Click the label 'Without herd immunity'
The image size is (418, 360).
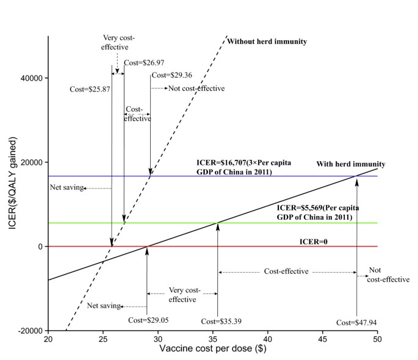point(266,41)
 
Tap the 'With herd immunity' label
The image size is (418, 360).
point(351,164)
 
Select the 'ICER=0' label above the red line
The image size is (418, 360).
point(312,242)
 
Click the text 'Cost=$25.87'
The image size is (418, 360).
point(90,89)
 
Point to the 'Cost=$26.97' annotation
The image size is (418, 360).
point(144,62)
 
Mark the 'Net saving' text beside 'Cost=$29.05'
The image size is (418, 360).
point(102,306)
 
